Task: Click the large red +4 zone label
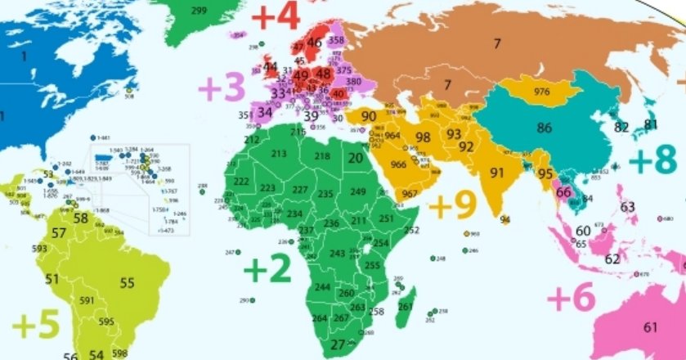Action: [x=276, y=16]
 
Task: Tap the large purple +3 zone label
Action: [x=222, y=86]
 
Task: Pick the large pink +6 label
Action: [x=570, y=298]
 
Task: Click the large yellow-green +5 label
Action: [x=36, y=324]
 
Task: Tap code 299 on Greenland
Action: [x=198, y=11]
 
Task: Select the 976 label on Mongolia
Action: [x=541, y=90]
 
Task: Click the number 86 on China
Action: [x=544, y=128]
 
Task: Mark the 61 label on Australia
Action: [x=650, y=327]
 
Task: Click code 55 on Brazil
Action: [x=127, y=283]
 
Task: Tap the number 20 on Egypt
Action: [x=355, y=158]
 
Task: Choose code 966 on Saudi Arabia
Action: [x=398, y=165]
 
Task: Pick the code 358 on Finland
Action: [x=335, y=39]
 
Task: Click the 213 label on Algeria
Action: [x=279, y=153]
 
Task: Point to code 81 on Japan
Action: [x=651, y=124]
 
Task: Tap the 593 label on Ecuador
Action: [x=39, y=248]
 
